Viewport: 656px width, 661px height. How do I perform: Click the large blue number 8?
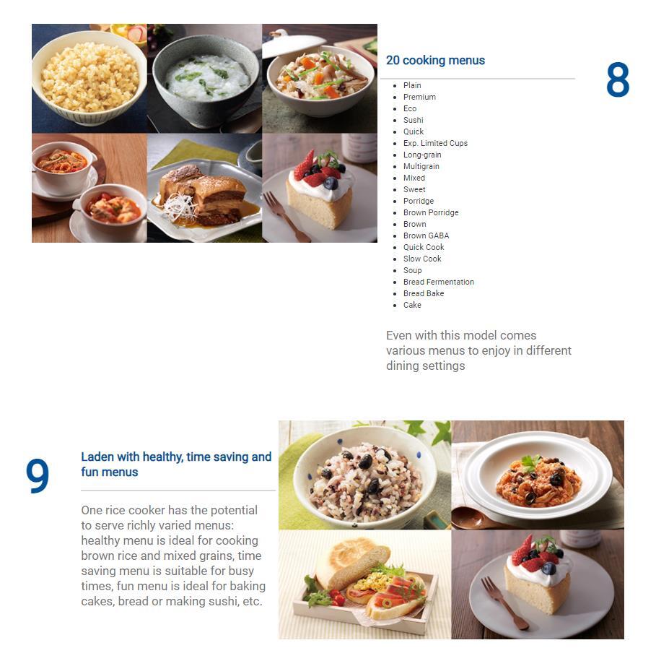617,79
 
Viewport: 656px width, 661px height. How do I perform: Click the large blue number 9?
38,476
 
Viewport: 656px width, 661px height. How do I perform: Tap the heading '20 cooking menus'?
435,60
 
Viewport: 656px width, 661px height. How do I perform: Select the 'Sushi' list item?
413,120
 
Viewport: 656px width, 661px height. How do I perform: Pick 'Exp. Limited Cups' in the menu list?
435,143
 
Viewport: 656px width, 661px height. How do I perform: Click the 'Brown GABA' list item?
426,236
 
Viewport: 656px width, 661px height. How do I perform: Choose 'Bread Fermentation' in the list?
438,282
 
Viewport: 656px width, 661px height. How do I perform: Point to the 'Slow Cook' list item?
422,259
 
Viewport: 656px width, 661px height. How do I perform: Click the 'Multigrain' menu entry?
421,167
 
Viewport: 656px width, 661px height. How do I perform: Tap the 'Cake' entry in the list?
412,305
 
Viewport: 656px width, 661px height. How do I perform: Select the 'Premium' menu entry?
419,97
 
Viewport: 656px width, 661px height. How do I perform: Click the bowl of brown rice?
89,78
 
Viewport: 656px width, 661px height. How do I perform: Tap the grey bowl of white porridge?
206,80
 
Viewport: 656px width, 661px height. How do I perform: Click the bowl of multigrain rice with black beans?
364,475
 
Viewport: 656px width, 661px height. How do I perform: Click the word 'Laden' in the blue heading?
97,457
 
